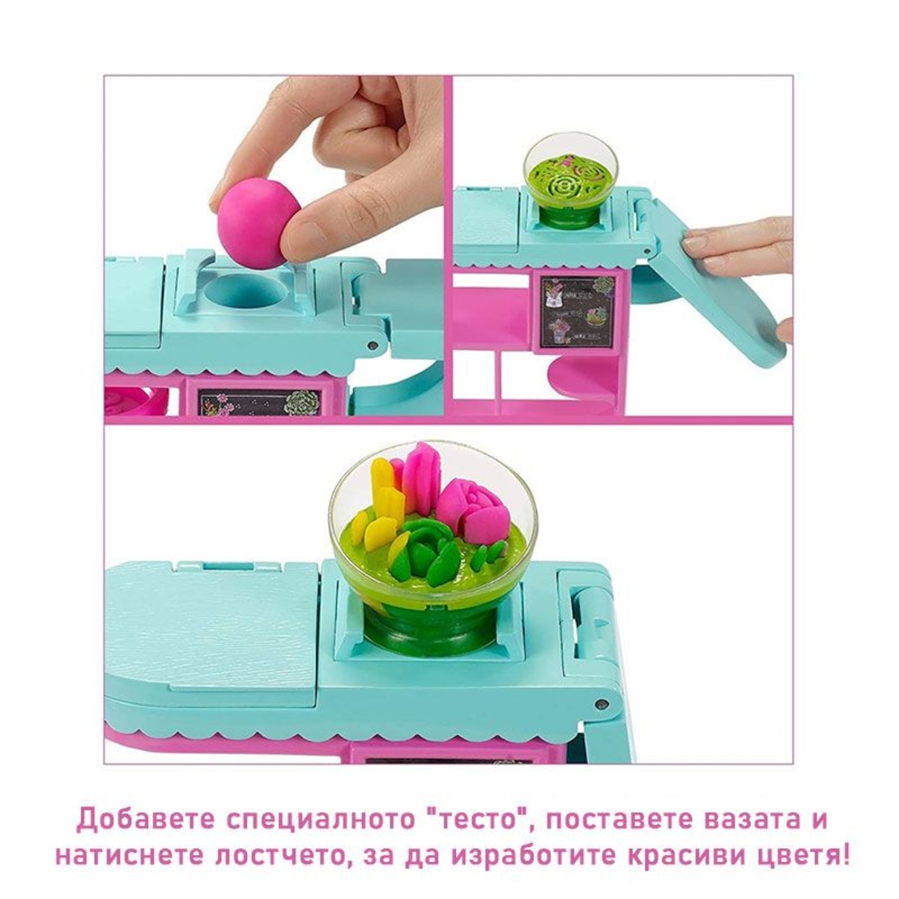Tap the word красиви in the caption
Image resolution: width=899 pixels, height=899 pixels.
667,855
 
